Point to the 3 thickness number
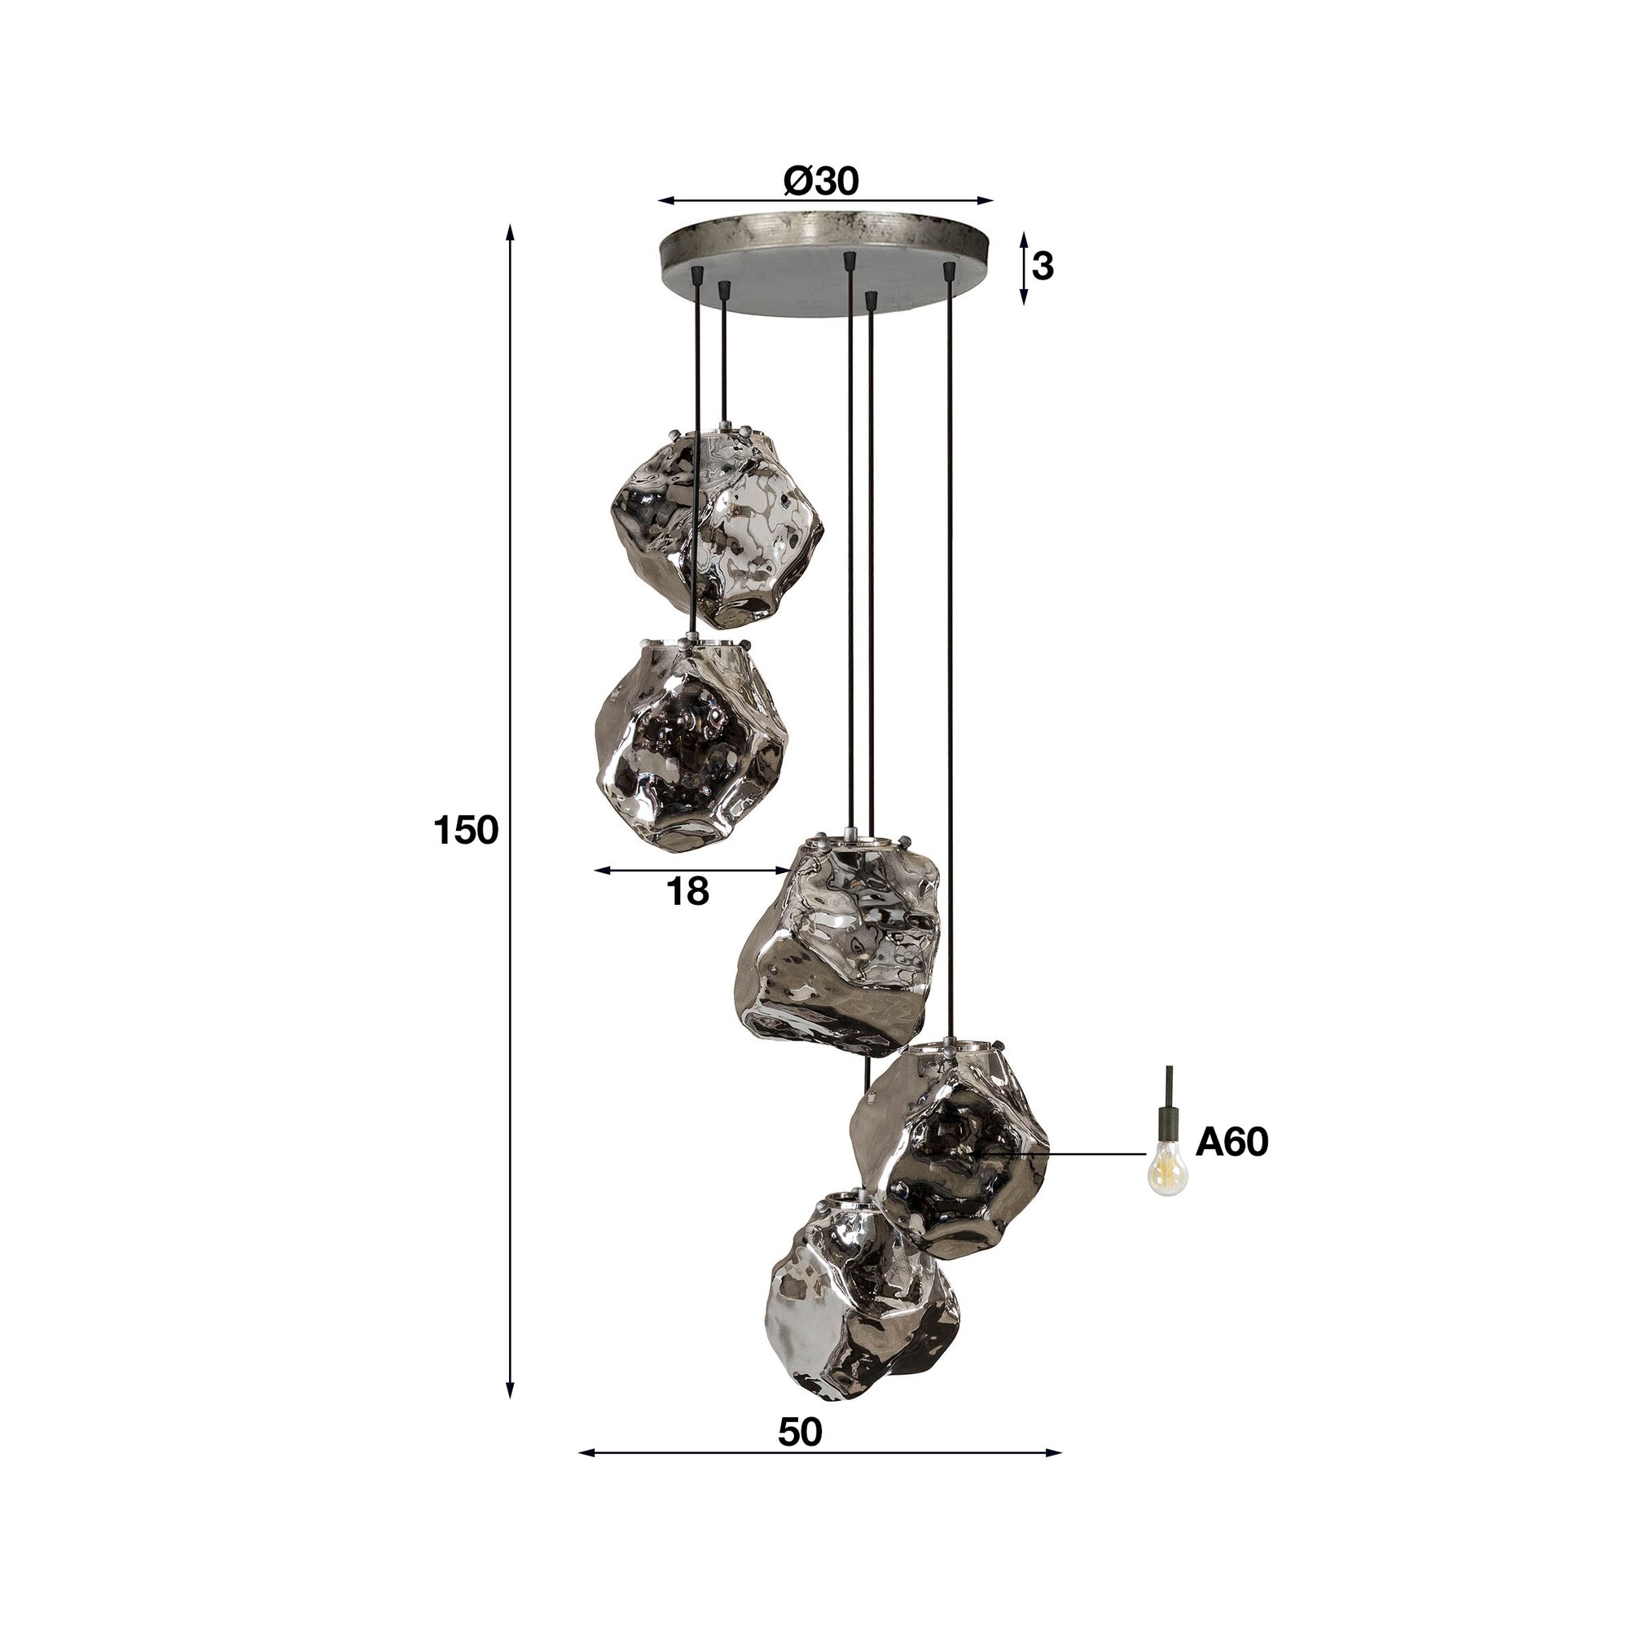coord(1043,266)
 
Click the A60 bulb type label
coord(1232,1144)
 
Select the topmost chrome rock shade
coord(715,527)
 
